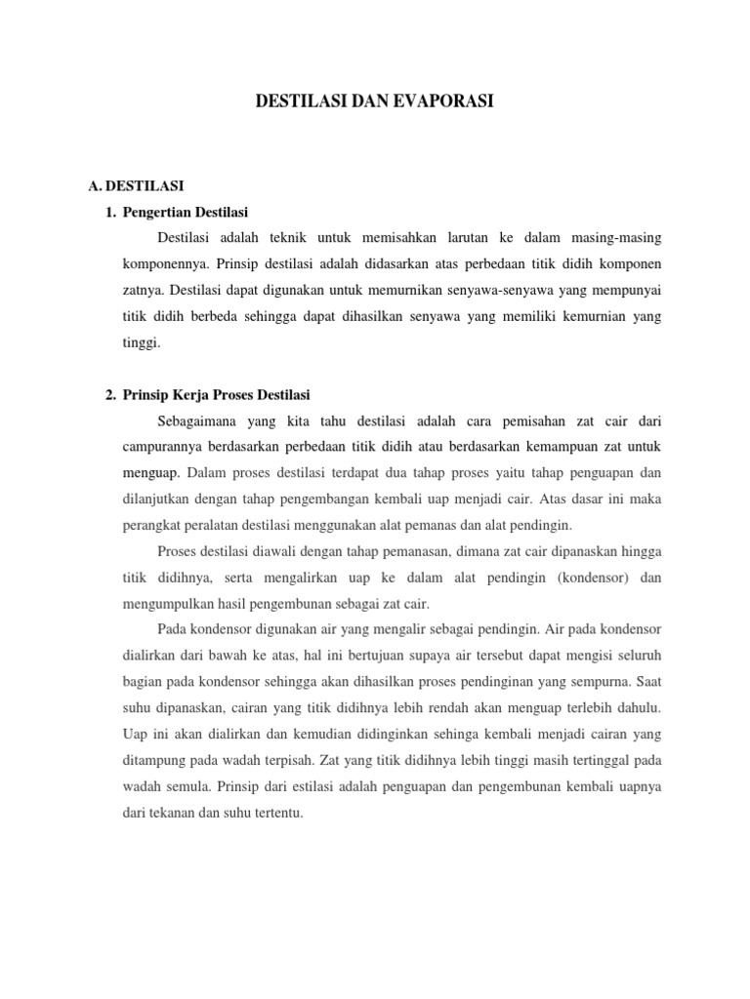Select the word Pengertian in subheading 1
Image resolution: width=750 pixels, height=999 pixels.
point(154,211)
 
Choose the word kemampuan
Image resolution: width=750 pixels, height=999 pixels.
point(565,447)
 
